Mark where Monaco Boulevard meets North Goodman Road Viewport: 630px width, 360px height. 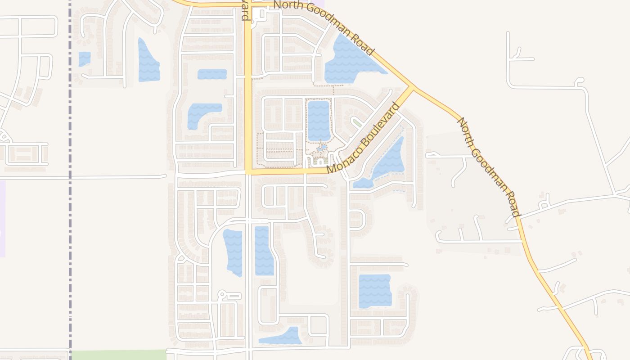412,87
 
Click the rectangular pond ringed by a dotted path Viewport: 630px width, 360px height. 319,121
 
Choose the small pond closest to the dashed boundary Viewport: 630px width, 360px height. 84,59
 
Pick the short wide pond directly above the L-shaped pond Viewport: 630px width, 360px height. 212,74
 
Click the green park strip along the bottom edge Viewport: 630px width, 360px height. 119,355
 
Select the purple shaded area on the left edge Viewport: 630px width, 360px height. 2,218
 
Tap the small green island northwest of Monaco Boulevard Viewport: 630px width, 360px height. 357,122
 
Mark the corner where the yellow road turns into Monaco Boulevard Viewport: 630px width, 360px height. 248,171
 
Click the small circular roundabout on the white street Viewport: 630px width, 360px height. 221,295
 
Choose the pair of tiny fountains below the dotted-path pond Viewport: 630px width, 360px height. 321,148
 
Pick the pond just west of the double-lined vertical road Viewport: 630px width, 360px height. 233,252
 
